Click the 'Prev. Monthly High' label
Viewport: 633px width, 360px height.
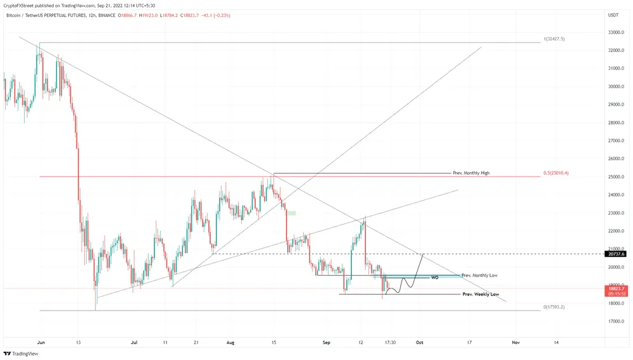471,173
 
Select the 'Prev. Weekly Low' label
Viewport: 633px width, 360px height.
480,294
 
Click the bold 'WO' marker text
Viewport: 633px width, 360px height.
434,278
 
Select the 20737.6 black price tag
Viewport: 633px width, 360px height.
616,254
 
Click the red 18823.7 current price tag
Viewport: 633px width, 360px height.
616,288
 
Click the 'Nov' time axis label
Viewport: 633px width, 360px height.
515,342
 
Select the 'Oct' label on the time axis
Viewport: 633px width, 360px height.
419,342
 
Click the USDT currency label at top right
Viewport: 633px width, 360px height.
613,15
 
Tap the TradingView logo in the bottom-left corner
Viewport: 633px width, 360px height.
21,354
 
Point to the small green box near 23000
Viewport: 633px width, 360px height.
291,213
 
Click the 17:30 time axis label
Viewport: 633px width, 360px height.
390,342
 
